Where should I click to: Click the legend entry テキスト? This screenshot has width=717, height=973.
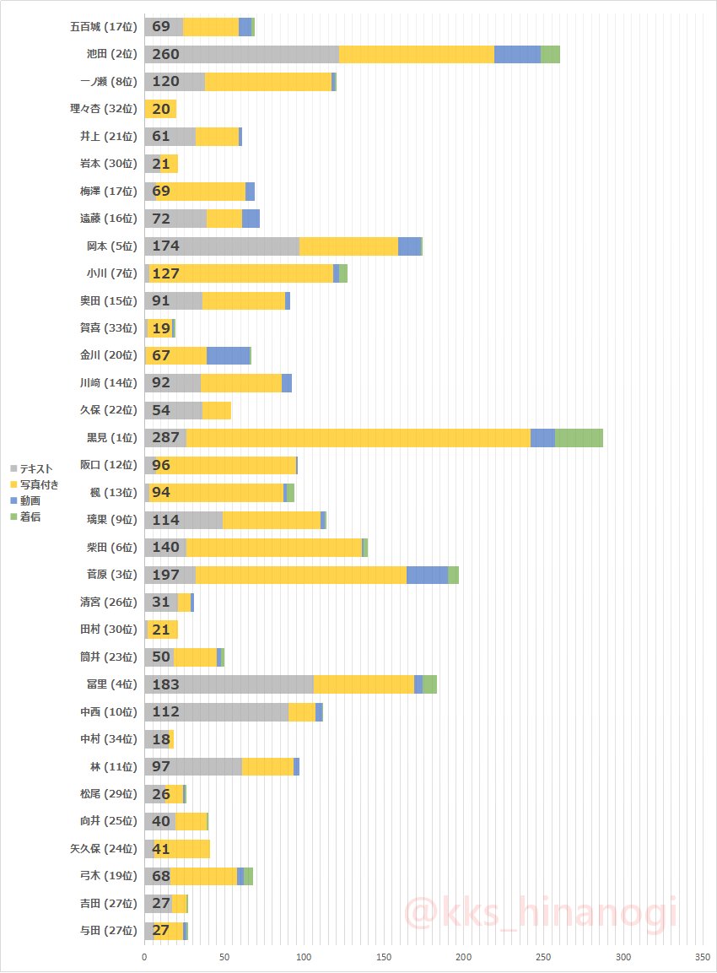(x=35, y=468)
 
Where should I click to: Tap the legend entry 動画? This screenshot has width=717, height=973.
(x=30, y=500)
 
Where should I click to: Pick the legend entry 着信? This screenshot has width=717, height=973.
(x=30, y=516)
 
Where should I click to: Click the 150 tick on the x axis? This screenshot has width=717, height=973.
(x=384, y=958)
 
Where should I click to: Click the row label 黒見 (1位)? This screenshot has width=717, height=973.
(x=107, y=437)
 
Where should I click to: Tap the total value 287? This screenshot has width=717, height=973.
(x=166, y=437)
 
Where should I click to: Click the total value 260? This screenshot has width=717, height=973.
(x=166, y=54)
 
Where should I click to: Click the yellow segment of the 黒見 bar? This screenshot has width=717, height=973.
(x=358, y=437)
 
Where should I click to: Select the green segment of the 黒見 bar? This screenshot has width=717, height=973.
(x=579, y=437)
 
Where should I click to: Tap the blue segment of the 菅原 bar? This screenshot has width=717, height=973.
(x=427, y=575)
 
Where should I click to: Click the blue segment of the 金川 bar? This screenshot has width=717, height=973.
(x=228, y=355)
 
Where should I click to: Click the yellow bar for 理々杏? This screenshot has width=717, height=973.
(x=160, y=109)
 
